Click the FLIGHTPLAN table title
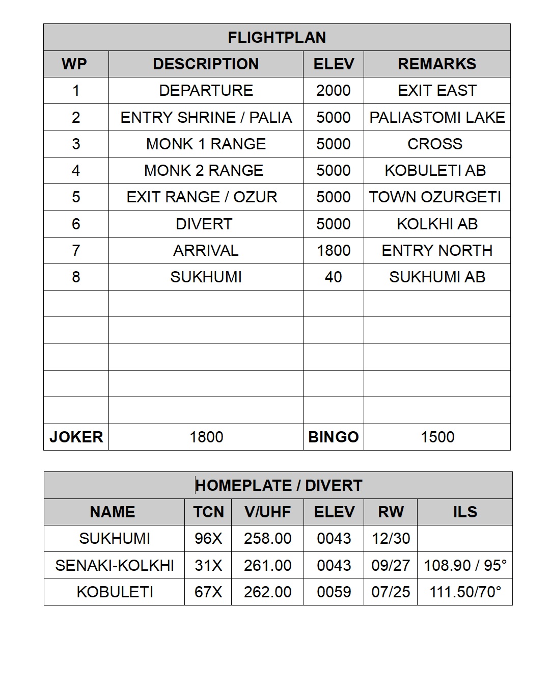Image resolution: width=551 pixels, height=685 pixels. [277, 37]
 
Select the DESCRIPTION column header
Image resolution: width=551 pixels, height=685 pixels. [206, 64]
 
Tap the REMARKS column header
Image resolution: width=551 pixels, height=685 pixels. [437, 64]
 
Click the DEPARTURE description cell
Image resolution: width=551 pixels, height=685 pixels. [206, 90]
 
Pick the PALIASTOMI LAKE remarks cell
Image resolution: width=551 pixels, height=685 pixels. [437, 117]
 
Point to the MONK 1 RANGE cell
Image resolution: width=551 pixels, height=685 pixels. [206, 144]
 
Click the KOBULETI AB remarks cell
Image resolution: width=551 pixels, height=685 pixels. [435, 170]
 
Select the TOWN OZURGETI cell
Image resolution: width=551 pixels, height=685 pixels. [435, 197]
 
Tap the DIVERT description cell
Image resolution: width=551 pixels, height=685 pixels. [204, 224]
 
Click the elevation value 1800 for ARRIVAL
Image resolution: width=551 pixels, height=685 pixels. [334, 250]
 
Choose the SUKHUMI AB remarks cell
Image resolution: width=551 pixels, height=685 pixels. [437, 277]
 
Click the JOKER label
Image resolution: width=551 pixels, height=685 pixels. [76, 437]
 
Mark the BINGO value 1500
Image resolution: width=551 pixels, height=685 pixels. [437, 437]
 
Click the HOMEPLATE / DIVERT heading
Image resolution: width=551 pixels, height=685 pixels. [279, 485]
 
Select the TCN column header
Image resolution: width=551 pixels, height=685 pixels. [208, 512]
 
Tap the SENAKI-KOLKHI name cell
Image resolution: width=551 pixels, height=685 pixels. [115, 565]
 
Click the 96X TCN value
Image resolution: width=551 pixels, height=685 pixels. [208, 538]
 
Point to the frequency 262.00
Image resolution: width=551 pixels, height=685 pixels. [267, 592]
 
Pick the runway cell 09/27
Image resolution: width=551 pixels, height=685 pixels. [391, 565]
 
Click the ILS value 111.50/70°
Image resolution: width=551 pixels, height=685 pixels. [465, 592]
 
